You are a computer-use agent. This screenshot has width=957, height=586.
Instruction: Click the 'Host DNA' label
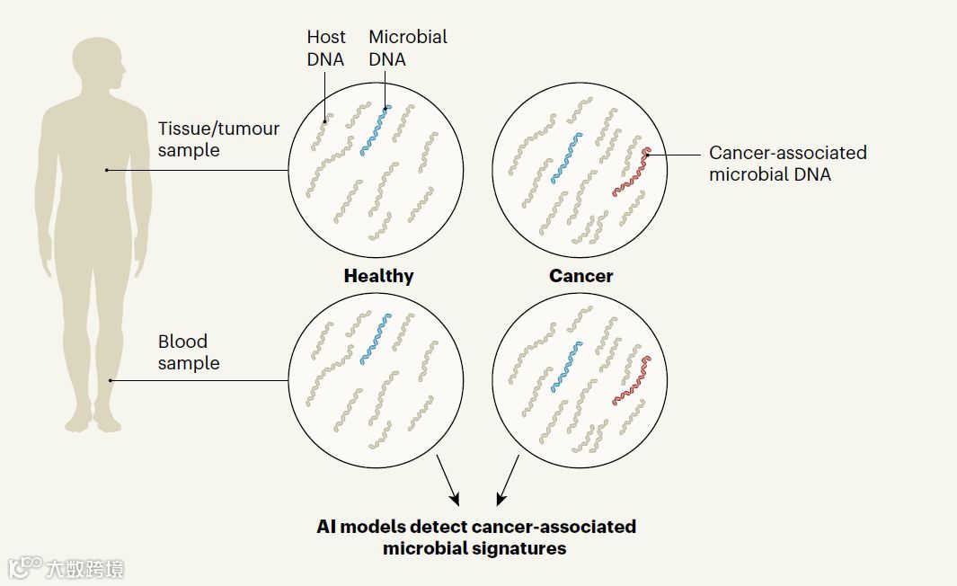pos(326,49)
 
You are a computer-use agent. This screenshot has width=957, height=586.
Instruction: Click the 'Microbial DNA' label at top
pos(407,49)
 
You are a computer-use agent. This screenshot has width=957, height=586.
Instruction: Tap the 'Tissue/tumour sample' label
pos(218,139)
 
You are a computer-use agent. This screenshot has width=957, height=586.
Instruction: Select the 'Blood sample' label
pos(189,352)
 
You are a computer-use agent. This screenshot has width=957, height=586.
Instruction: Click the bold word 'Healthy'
pos(378,277)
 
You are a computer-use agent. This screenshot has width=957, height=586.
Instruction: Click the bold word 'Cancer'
pos(580,277)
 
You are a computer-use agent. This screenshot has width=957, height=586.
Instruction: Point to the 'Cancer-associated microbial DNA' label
pos(787,164)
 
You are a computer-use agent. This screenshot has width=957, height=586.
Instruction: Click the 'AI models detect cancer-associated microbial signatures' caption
pos(476,537)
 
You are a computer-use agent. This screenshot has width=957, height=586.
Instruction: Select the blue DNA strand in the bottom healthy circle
pos(377,339)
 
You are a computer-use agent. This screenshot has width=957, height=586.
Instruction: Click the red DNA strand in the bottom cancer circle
pos(632,380)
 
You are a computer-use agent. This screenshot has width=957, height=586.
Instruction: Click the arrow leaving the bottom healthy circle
pos(447,480)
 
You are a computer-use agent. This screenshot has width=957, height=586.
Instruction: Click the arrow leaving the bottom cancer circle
pos(509,480)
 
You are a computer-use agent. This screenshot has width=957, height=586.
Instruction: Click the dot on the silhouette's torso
pos(107,170)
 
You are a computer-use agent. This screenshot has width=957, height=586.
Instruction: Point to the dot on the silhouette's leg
pos(111,380)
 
